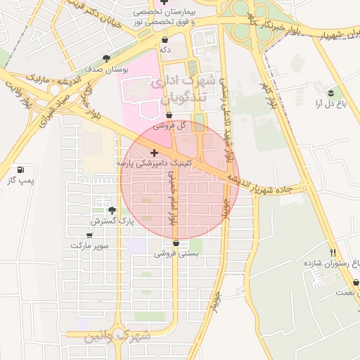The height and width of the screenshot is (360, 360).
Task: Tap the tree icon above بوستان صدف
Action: point(106,59)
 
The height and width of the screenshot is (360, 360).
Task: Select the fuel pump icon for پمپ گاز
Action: point(20,169)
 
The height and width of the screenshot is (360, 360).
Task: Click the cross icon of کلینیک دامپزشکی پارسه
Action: point(154,152)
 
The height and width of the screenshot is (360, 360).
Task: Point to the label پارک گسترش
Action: point(112,221)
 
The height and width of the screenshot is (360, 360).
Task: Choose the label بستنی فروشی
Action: point(176,252)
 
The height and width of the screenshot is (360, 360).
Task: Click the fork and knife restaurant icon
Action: point(333,252)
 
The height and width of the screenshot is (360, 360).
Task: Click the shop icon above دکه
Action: point(165,39)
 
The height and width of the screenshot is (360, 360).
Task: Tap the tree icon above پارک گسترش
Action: point(111,210)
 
